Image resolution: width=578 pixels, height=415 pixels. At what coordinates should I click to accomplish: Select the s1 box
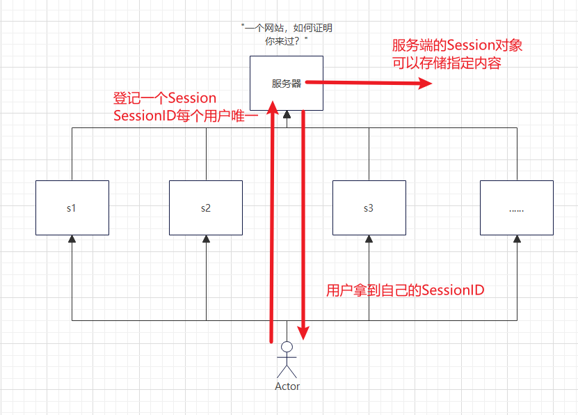(x=72, y=207)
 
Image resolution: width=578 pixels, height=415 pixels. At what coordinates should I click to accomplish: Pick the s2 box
(x=206, y=207)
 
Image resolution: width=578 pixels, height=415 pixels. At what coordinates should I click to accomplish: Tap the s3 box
(x=369, y=207)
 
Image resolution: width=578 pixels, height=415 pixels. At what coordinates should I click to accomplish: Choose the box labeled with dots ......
(x=517, y=207)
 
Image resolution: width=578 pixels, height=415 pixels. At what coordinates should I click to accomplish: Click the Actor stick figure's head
(x=287, y=347)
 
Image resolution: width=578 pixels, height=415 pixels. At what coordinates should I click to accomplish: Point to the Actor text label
(x=287, y=386)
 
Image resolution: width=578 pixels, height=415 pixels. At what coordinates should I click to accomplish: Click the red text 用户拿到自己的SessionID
(x=405, y=290)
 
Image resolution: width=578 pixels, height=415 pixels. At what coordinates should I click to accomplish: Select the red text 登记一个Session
(x=165, y=97)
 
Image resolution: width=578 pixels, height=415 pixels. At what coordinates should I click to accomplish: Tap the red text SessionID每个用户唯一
(x=185, y=116)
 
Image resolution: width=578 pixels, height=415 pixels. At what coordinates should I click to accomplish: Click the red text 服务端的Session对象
(x=457, y=46)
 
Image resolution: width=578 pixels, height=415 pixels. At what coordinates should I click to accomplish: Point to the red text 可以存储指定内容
(x=447, y=63)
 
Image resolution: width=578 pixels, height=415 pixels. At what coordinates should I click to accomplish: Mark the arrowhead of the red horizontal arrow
(x=426, y=84)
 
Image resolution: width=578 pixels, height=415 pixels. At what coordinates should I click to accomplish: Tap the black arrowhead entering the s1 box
(x=72, y=239)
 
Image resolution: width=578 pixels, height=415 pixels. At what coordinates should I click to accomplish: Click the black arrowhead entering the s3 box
(x=369, y=239)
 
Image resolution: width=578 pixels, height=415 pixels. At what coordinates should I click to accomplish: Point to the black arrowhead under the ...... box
(x=517, y=239)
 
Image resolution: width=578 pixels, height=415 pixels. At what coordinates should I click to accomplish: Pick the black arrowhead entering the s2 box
(x=206, y=239)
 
